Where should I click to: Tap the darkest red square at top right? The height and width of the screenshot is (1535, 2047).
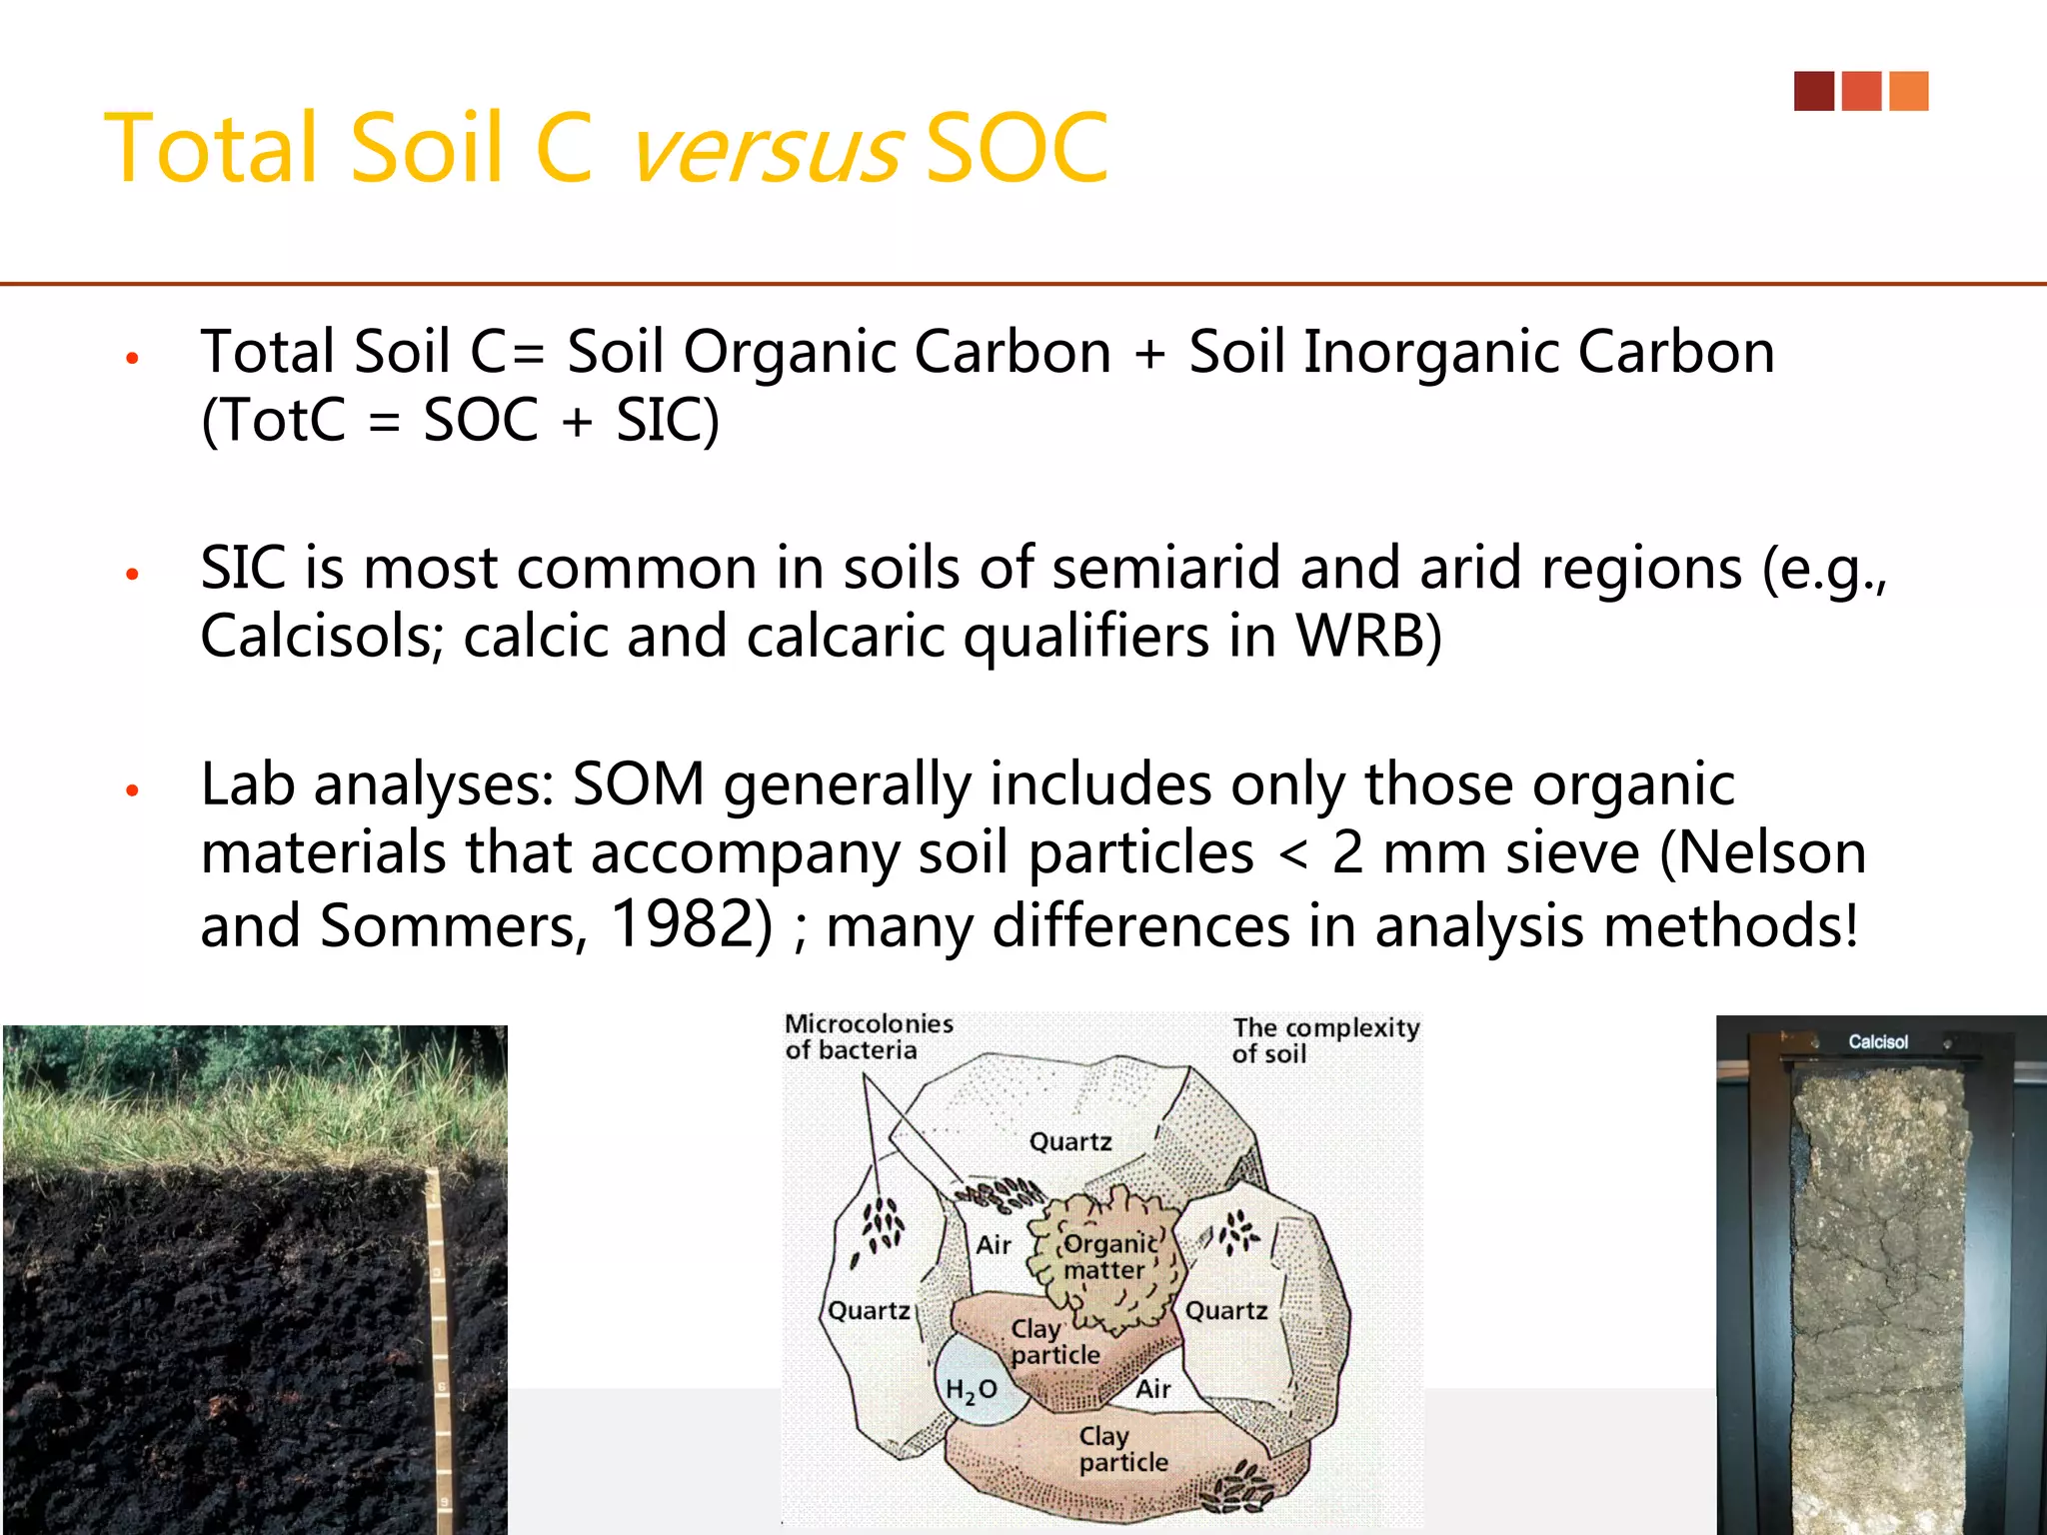point(1813,91)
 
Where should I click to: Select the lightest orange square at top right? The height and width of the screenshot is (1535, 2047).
point(1909,91)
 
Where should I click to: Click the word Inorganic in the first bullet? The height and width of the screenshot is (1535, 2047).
point(1430,353)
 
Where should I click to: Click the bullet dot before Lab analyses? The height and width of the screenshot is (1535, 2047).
point(132,790)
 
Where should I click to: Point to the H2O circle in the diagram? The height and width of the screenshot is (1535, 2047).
point(973,1389)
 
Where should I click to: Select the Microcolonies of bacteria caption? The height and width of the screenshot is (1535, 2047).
point(867,1036)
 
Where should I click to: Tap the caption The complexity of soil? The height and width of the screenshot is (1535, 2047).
point(1323,1040)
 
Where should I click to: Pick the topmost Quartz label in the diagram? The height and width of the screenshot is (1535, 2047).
point(1069,1141)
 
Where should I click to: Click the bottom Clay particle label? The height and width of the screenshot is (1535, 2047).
point(1122,1449)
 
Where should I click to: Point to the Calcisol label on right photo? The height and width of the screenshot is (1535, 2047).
point(1877,1041)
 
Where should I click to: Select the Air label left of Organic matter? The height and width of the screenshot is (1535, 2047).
point(994,1245)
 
